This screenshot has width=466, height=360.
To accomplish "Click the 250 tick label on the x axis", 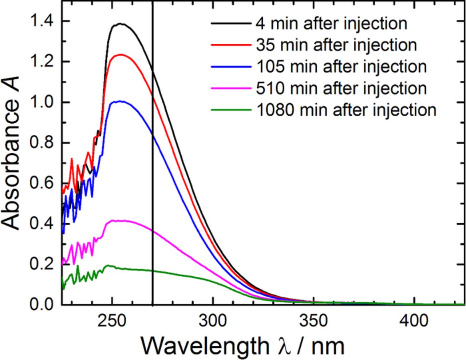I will click(x=112, y=321).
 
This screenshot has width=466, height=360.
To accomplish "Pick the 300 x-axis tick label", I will click(x=213, y=321).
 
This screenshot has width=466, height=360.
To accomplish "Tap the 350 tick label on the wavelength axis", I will click(x=313, y=321).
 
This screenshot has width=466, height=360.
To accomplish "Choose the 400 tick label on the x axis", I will click(x=414, y=321).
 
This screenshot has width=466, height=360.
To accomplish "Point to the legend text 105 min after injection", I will click(x=341, y=67).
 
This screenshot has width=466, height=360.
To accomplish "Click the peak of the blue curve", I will click(x=120, y=101).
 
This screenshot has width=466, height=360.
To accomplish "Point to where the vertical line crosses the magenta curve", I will click(x=153, y=232).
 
